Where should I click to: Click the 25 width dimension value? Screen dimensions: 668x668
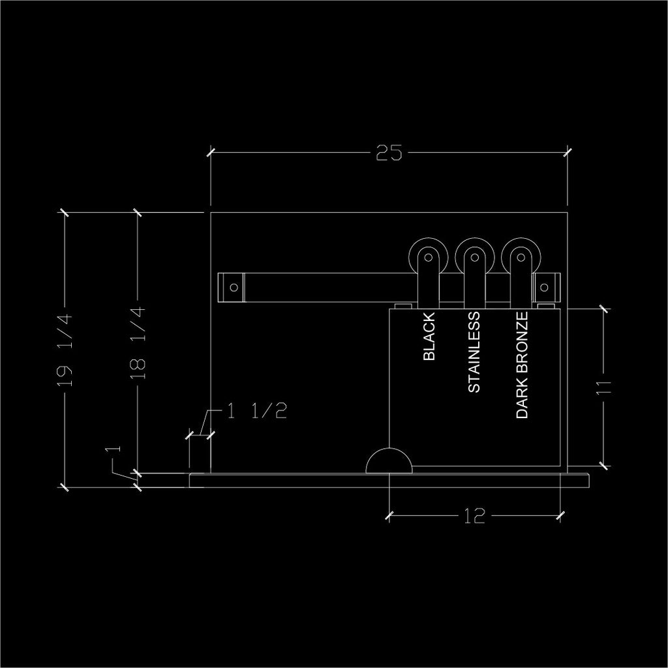[x=389, y=153]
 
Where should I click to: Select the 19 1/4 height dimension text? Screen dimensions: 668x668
[x=65, y=350]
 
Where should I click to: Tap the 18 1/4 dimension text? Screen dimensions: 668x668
[x=138, y=343]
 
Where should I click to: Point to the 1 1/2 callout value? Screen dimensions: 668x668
[x=257, y=411]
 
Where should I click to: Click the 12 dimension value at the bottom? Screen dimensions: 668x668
[x=475, y=517]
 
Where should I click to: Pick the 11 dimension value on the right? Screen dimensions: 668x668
[x=603, y=387]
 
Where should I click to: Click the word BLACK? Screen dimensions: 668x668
[x=429, y=337]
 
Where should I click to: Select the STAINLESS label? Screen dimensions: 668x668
[x=474, y=352]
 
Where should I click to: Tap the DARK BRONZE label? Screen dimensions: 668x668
[x=522, y=365]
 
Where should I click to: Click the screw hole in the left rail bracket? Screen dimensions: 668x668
[x=234, y=287]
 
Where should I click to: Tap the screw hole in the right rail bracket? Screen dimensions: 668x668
[x=544, y=287]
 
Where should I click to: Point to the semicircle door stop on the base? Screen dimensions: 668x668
[x=389, y=449]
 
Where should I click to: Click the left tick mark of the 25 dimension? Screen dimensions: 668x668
[x=211, y=151]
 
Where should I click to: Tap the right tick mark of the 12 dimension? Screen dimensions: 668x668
[x=560, y=516]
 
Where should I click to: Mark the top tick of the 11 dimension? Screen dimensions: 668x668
[x=603, y=309]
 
